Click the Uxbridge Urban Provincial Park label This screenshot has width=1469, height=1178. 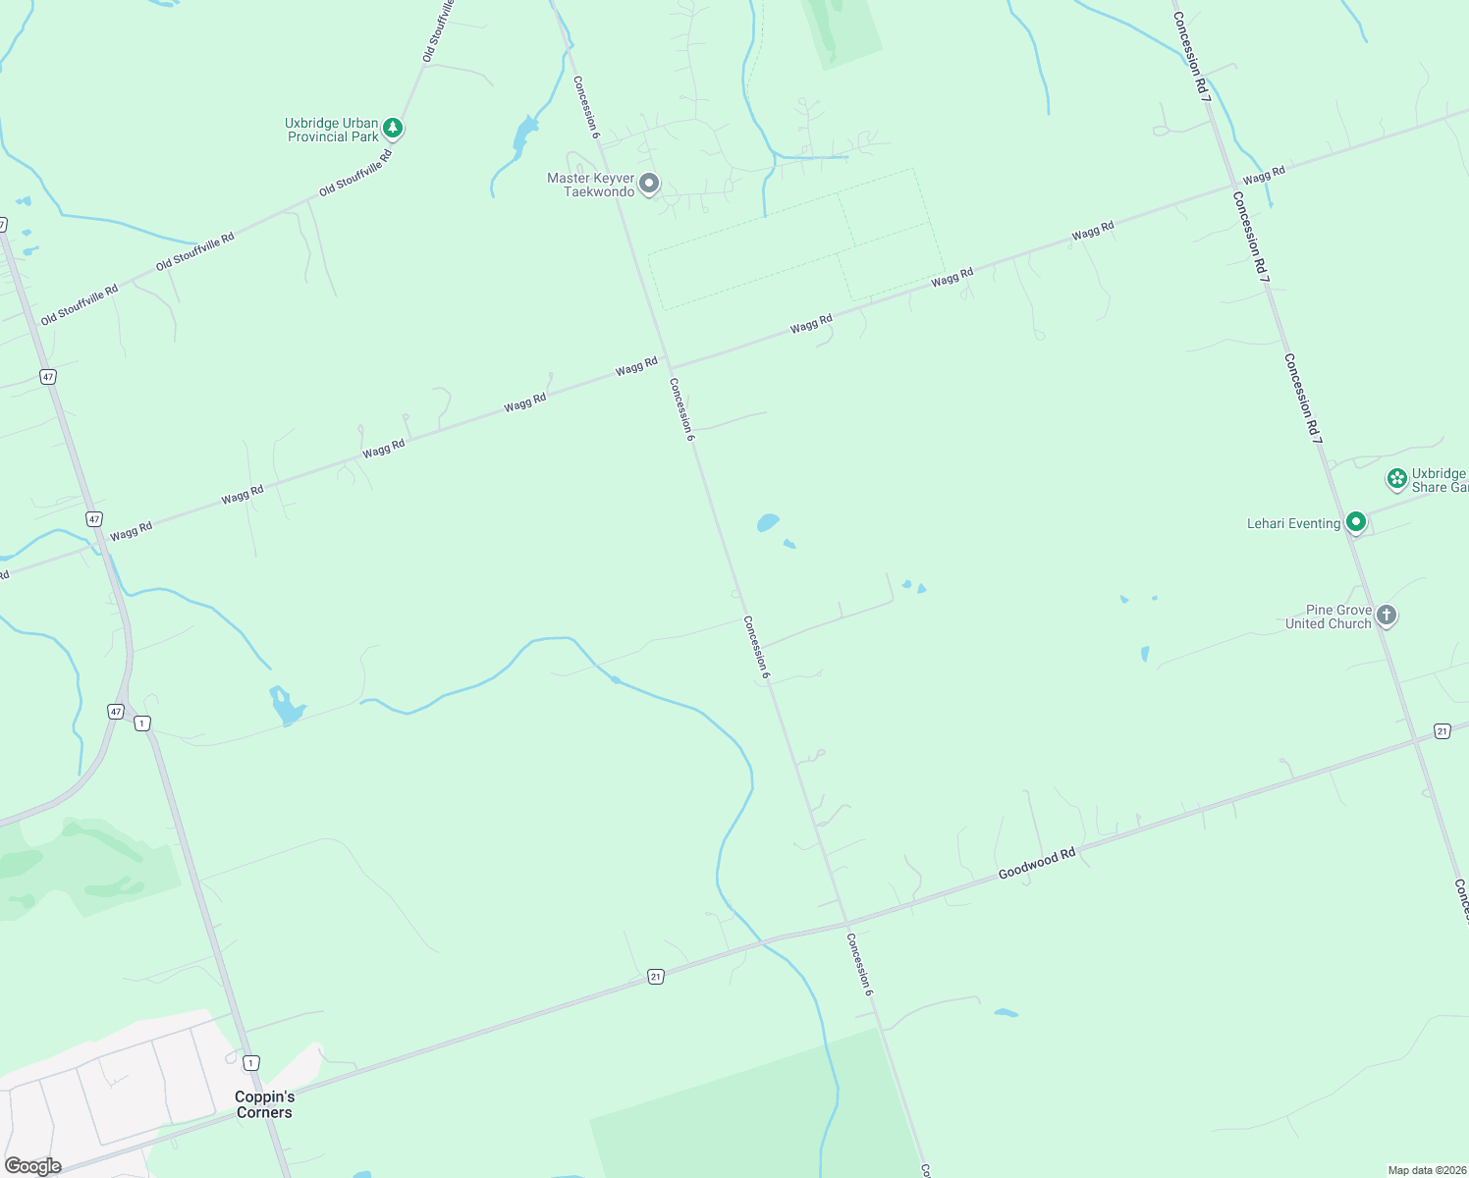[332, 130]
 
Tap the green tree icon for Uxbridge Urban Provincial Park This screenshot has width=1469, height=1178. [393, 128]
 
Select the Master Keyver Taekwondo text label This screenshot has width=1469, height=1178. [591, 185]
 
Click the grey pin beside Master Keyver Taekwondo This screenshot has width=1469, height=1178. [648, 184]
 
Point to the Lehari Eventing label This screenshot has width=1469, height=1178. [1293, 524]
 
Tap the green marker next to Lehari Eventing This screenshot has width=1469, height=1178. [1356, 522]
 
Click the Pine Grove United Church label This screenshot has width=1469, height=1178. [1328, 616]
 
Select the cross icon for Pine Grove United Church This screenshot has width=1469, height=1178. [1386, 616]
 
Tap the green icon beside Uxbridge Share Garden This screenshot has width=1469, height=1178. [1396, 479]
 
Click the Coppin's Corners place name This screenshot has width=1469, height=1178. [264, 1104]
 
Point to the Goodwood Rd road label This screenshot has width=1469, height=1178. [1037, 864]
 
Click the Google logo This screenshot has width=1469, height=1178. [33, 1166]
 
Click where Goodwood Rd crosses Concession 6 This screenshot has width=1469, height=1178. [844, 924]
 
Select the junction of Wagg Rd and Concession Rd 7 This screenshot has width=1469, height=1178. [1234, 185]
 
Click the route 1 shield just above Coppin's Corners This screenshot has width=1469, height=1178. [251, 1063]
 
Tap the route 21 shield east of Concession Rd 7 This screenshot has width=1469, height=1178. [1442, 730]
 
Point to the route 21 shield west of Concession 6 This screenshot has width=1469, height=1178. [655, 976]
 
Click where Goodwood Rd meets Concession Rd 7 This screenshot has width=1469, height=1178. [1416, 739]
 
